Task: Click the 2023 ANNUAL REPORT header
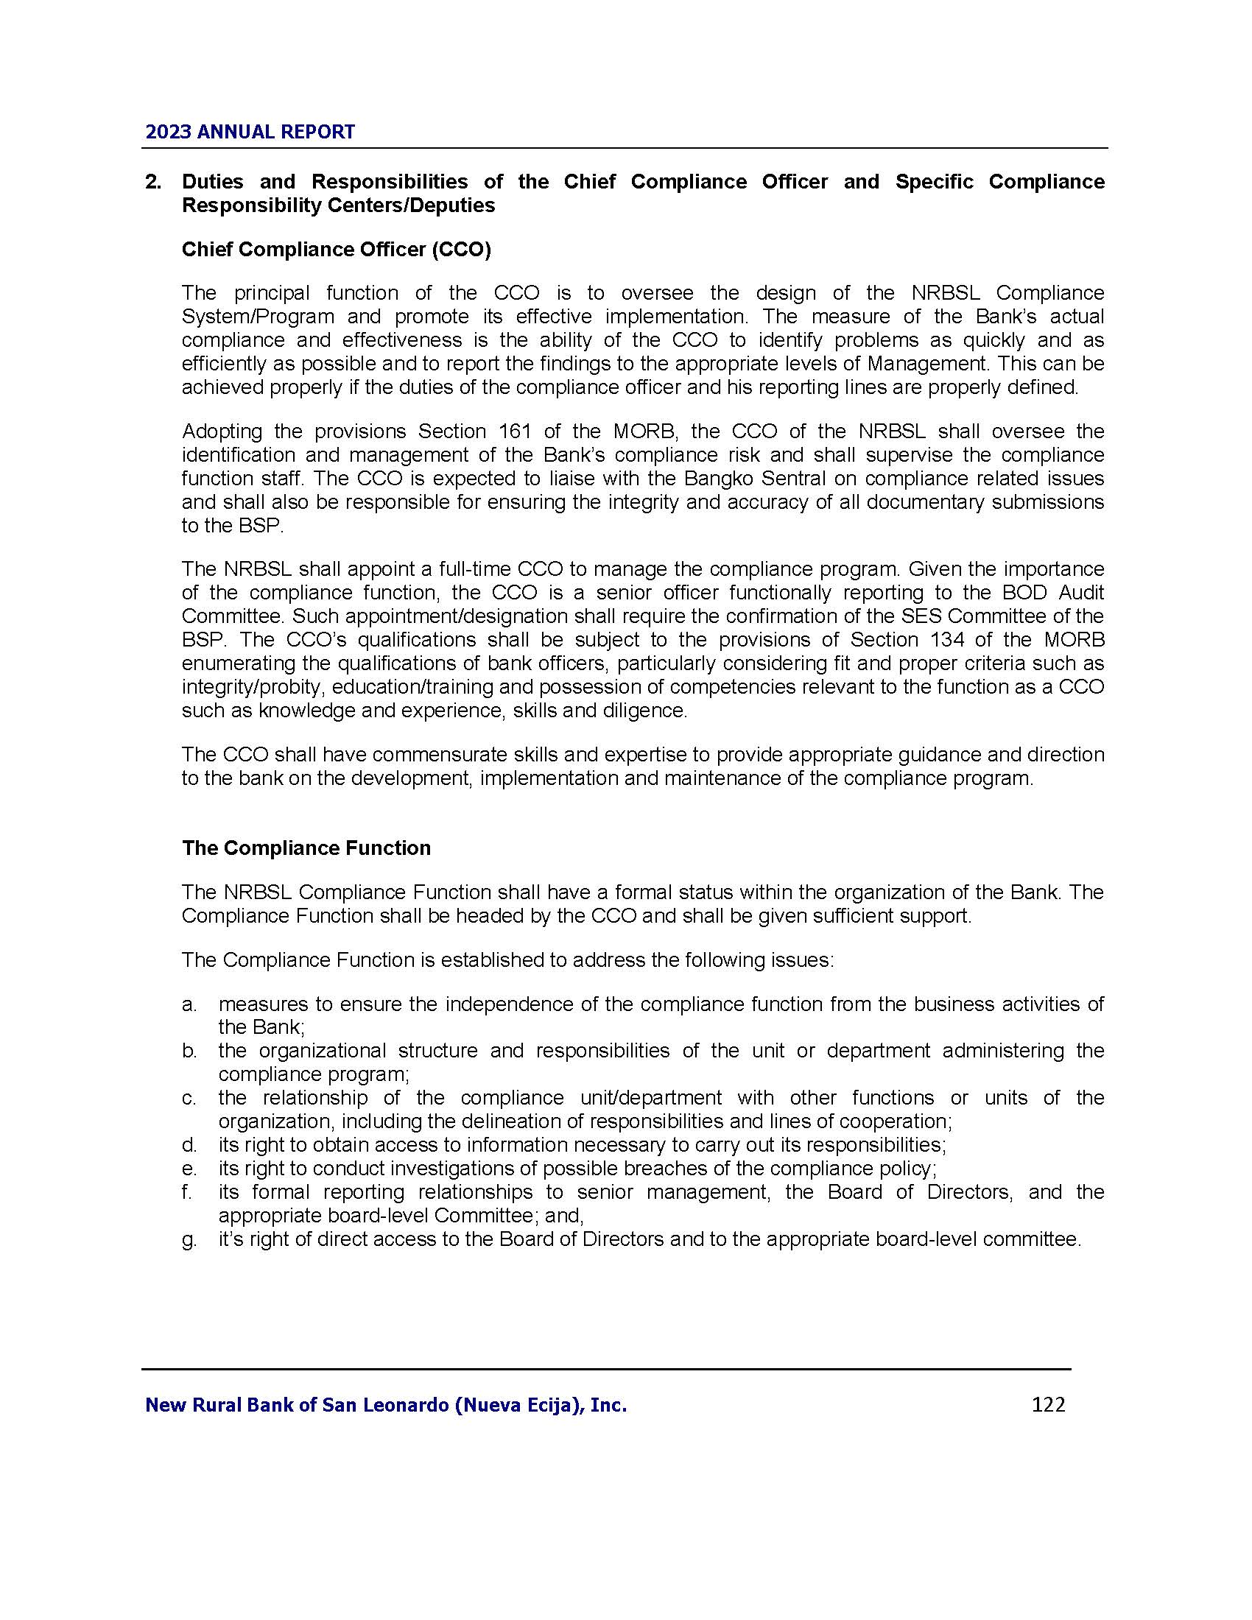coord(250,132)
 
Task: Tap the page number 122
coord(1048,1404)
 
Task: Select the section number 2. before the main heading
coord(153,182)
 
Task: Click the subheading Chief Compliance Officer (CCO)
coord(336,249)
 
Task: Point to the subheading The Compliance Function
coord(306,848)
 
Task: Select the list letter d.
coord(189,1144)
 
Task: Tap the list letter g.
coord(189,1239)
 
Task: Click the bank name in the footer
coord(386,1405)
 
